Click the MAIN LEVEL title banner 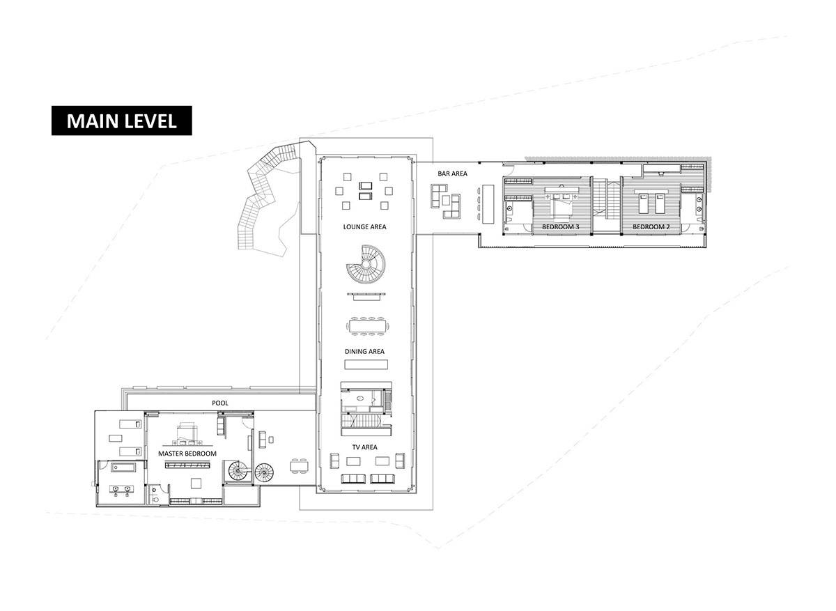pos(121,121)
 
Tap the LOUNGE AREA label pos(364,226)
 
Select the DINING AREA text pos(364,352)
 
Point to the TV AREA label pos(364,447)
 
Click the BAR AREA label pos(452,173)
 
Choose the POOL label pos(220,403)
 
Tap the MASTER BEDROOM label pos(187,454)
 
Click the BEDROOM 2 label pos(651,227)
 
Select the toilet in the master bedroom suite pos(157,499)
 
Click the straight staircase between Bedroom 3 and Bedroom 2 pos(606,206)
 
